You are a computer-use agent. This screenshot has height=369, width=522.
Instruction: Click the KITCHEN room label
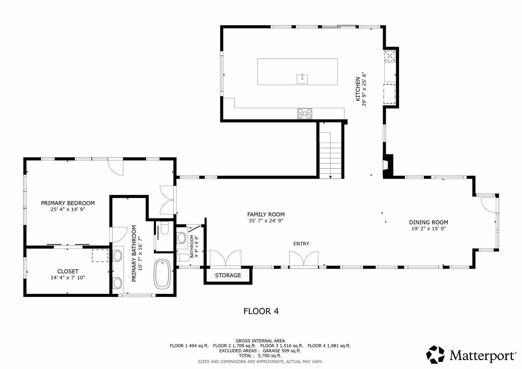[358, 89]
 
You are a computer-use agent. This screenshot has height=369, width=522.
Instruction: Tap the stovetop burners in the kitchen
[304, 113]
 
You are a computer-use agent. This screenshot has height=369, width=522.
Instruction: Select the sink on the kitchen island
[302, 79]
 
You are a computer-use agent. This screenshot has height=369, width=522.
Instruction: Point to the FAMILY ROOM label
[266, 214]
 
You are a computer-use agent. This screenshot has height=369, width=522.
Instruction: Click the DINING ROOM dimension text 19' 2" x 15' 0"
[428, 229]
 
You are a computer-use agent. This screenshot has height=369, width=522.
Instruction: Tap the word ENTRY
[301, 244]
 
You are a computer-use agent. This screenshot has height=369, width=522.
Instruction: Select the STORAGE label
[228, 275]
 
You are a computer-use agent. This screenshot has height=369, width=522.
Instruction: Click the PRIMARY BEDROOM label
[68, 203]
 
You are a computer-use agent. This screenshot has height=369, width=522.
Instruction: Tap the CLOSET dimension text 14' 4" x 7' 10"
[68, 277]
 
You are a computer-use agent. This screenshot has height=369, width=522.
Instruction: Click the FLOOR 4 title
[261, 311]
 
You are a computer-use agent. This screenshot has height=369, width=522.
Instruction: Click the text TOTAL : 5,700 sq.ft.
[260, 355]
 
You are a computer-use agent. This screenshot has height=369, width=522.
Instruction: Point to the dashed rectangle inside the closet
[100, 255]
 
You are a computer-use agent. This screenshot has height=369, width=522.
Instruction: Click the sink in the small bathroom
[181, 238]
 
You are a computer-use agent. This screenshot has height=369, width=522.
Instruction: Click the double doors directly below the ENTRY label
[304, 259]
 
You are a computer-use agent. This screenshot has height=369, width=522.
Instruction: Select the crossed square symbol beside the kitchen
[390, 56]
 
